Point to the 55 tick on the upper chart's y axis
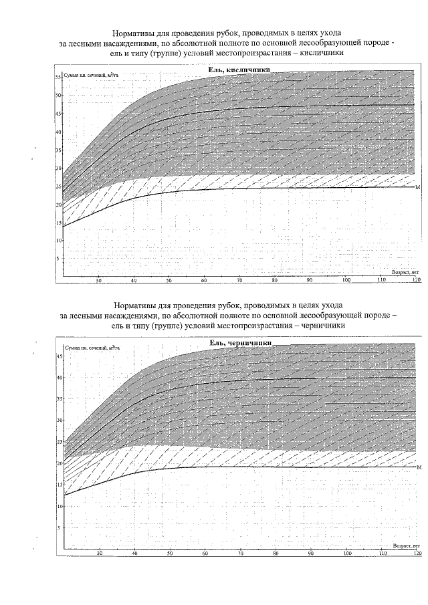tap(58, 78)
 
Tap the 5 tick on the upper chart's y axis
tap(60, 258)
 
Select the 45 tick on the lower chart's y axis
tap(58, 356)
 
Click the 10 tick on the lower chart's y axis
tap(58, 506)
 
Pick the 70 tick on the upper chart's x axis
tap(239, 280)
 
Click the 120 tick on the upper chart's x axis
tap(416, 280)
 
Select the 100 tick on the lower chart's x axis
tap(345, 554)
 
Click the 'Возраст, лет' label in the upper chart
tap(405, 271)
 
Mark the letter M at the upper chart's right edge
tap(418, 188)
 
